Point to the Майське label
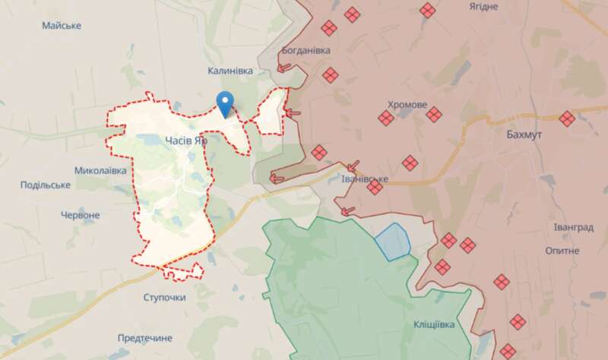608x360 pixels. (x=62, y=26)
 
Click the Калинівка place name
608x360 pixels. (x=229, y=71)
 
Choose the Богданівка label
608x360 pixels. (x=306, y=50)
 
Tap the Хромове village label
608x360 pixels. (x=407, y=105)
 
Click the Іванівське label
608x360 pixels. (x=366, y=179)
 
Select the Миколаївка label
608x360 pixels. (x=101, y=170)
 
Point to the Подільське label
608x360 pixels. (x=46, y=185)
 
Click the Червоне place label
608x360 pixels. (x=80, y=215)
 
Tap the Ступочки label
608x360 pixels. (x=164, y=297)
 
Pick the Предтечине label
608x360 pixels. (x=144, y=337)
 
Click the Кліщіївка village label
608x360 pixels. (x=434, y=324)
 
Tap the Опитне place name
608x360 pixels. (x=562, y=250)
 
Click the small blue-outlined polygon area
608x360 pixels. (x=393, y=242)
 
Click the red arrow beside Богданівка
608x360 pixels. (x=285, y=68)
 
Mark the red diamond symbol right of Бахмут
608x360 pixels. (x=567, y=118)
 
